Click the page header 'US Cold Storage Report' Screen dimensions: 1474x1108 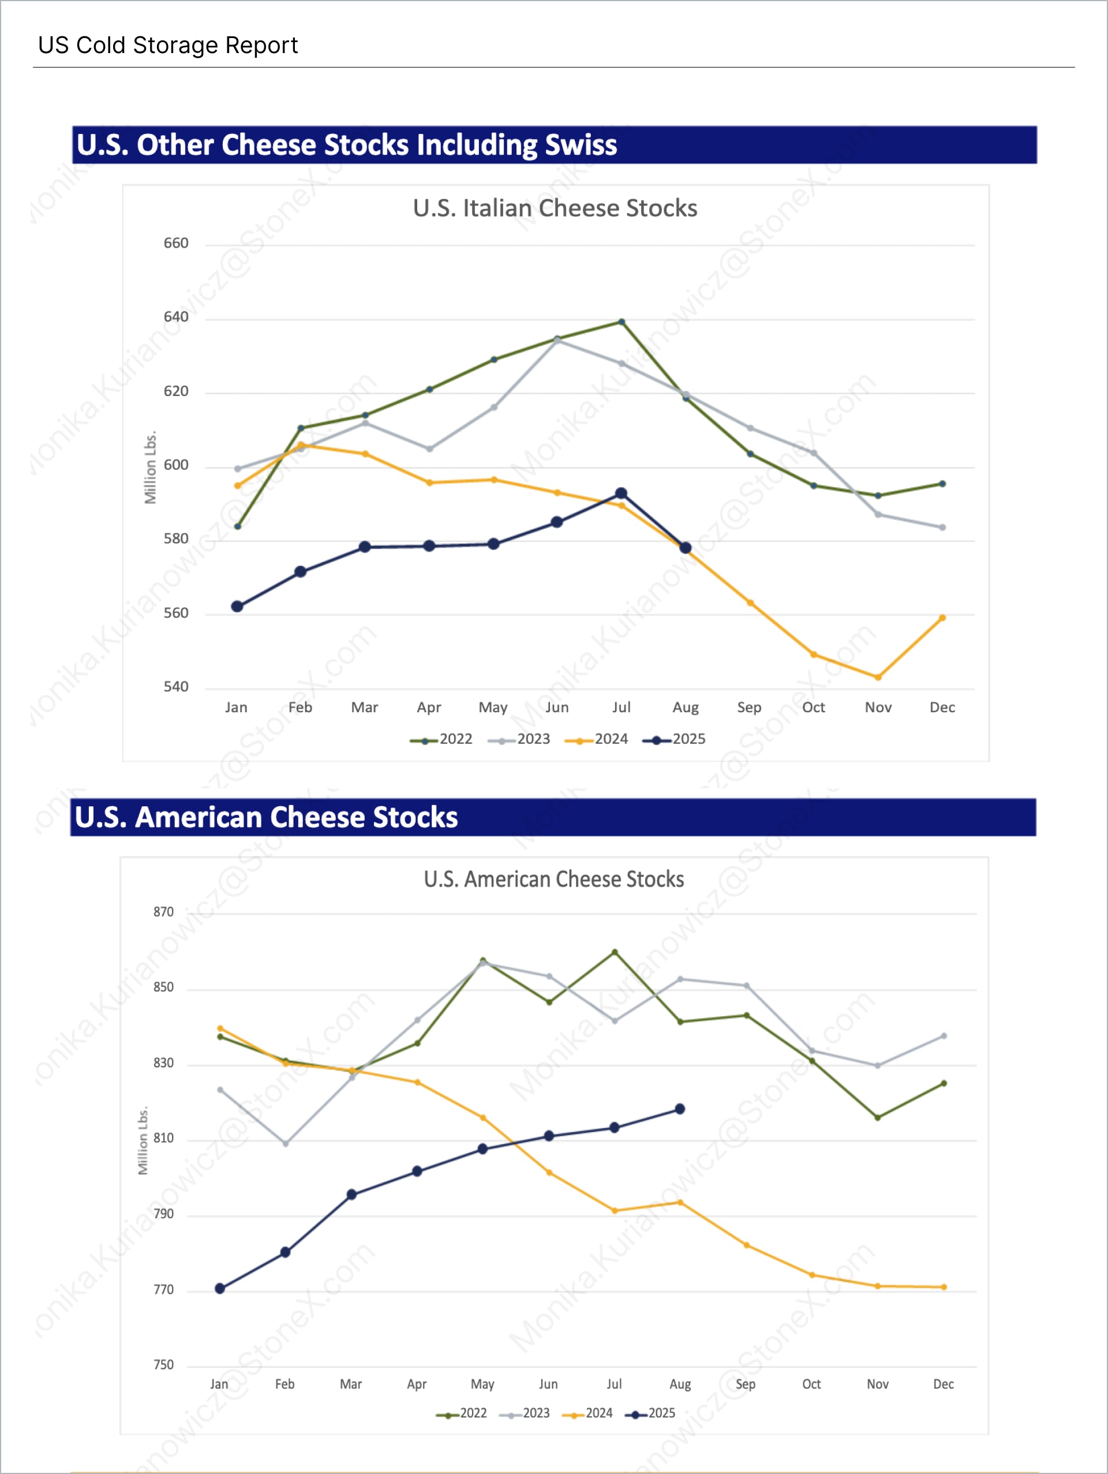coord(167,46)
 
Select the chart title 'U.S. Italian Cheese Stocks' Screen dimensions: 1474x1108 coord(555,208)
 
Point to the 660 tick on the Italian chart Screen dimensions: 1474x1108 coord(176,243)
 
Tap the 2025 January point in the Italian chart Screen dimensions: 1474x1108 coord(237,607)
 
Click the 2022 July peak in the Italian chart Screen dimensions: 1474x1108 coord(622,322)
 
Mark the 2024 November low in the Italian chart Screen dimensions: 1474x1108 coord(878,677)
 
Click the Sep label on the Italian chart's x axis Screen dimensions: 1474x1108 coord(749,707)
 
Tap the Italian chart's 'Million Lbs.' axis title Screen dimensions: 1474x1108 coord(151,467)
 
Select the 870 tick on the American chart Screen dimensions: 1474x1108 coord(163,912)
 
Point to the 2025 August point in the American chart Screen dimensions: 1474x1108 coord(680,1109)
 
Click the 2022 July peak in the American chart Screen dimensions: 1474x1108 coord(614,952)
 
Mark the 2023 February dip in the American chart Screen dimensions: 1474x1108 coord(285,1143)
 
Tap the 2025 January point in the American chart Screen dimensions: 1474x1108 coord(220,1288)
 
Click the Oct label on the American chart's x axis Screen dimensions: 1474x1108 coord(811,1384)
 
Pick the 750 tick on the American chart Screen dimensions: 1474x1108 coord(163,1365)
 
